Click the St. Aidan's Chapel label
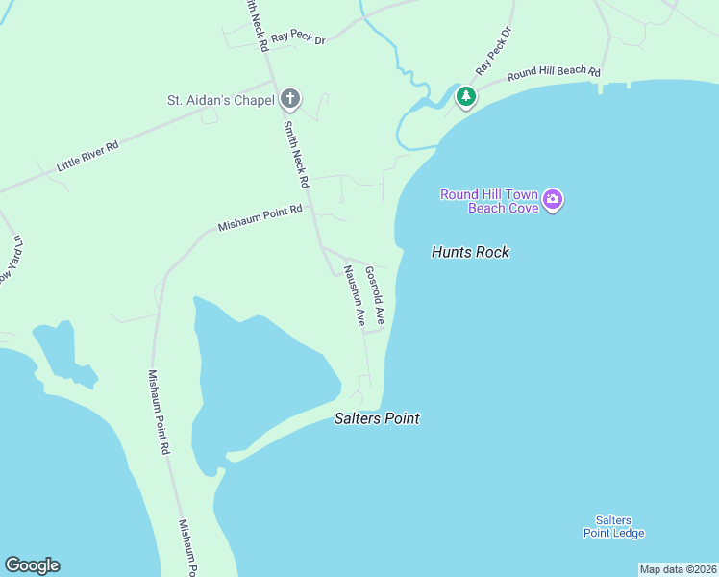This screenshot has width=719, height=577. (x=221, y=99)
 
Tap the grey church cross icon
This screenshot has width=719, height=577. (x=290, y=98)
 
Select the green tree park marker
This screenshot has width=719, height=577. (x=466, y=96)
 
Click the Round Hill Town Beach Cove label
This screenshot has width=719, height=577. (x=488, y=201)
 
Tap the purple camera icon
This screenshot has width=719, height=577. (x=553, y=200)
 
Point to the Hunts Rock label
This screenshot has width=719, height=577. (x=470, y=252)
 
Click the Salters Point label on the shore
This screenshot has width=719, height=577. (x=377, y=419)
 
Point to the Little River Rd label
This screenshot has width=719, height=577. (x=87, y=157)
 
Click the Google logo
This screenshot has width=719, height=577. (x=32, y=565)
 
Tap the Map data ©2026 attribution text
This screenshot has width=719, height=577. (x=678, y=569)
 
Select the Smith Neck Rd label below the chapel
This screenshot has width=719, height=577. (x=296, y=154)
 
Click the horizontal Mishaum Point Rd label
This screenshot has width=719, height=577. (x=260, y=218)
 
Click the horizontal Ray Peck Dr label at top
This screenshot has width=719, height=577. (x=300, y=38)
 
